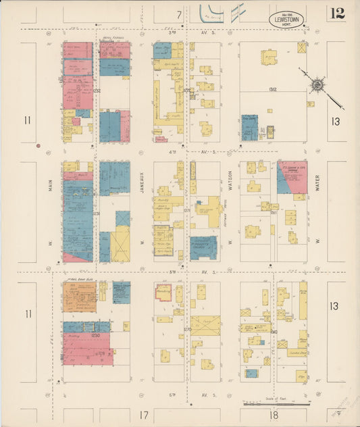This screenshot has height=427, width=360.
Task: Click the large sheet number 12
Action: click(338, 13)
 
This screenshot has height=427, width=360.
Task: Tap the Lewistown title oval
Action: click(286, 20)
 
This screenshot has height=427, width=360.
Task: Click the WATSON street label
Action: click(230, 178)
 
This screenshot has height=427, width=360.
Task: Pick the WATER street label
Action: click(316, 178)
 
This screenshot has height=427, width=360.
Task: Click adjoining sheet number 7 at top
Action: click(179, 14)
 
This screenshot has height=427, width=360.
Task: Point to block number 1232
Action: click(97, 90)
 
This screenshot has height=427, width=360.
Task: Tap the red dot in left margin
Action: click(38, 145)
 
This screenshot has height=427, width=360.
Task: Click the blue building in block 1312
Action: click(249, 127)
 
